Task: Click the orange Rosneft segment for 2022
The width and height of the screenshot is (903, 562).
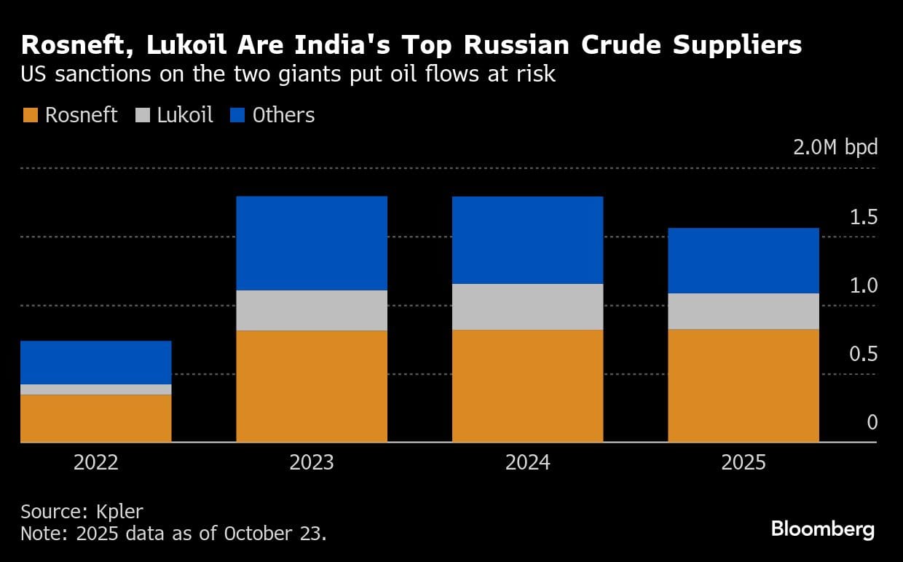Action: tap(95, 418)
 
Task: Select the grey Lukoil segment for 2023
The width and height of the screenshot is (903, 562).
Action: tap(312, 310)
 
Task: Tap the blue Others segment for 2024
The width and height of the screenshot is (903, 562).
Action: tap(527, 240)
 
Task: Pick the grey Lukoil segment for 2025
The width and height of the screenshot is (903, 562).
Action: tap(744, 311)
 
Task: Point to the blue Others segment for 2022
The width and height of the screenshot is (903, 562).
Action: tap(95, 362)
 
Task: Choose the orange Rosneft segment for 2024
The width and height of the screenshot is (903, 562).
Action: tap(527, 386)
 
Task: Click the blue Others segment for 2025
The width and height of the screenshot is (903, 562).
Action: tap(744, 260)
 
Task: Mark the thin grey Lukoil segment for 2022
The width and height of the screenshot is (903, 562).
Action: tap(95, 389)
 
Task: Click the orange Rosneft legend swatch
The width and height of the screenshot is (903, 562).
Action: tap(30, 115)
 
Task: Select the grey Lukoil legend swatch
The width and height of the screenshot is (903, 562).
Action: tap(142, 115)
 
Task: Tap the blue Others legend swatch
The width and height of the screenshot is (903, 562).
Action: tap(237, 115)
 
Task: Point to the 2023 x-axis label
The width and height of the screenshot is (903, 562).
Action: tap(312, 462)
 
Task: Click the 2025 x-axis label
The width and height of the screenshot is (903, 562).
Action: tap(744, 462)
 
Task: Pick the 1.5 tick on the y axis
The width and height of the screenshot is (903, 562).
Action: tap(864, 217)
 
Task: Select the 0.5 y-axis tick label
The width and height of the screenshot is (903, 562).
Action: tap(864, 354)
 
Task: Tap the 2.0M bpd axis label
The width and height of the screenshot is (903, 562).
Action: tap(836, 147)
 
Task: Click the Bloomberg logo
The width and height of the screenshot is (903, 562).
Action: tap(823, 529)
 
